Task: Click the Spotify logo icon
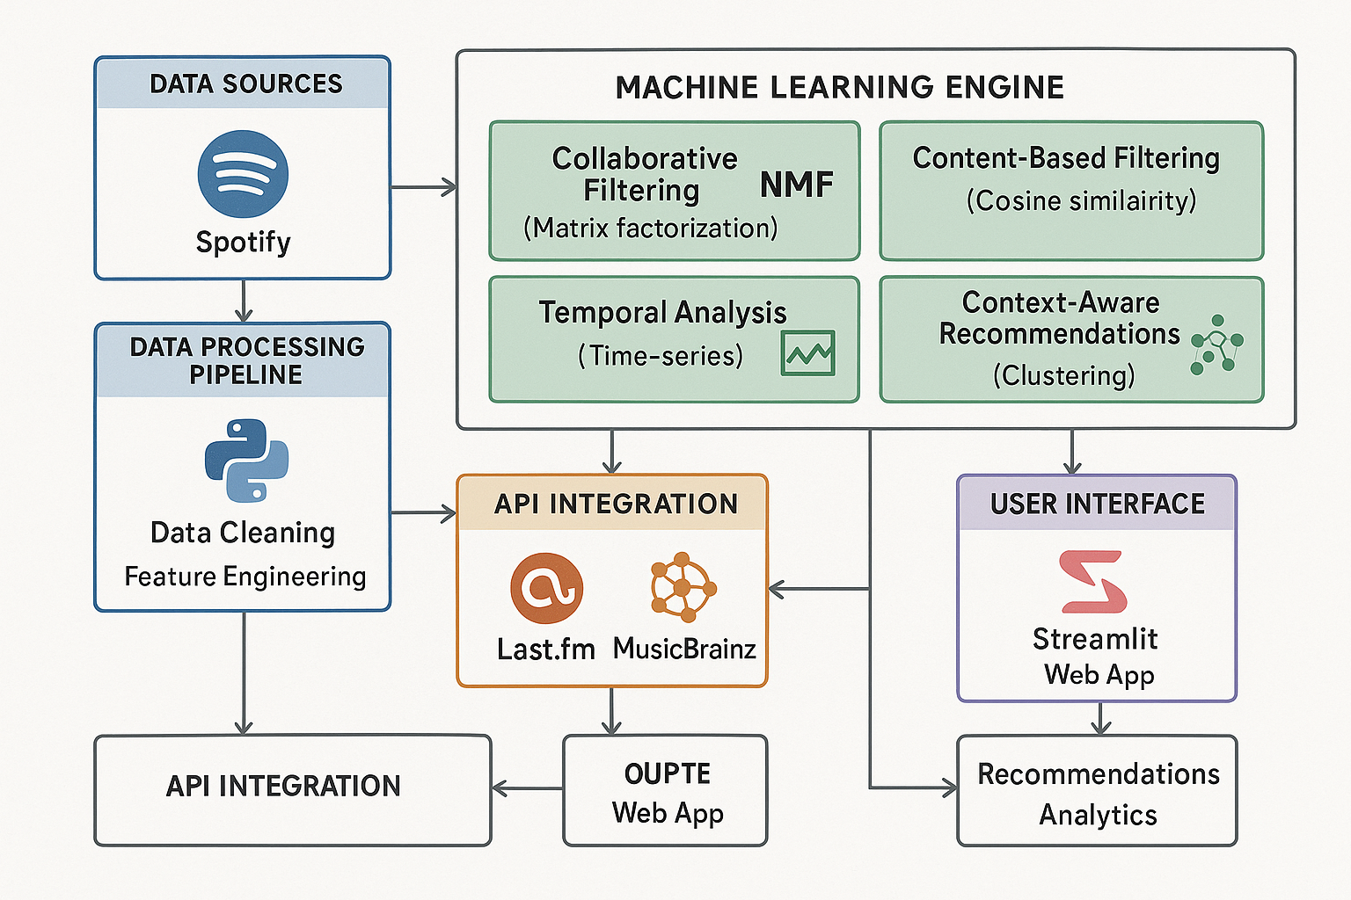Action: (243, 174)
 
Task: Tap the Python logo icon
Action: (246, 461)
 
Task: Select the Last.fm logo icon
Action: (546, 588)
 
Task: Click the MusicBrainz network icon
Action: (683, 586)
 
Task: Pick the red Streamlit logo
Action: (1093, 582)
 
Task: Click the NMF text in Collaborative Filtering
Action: (796, 185)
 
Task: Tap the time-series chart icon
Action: (807, 353)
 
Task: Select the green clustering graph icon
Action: (1216, 345)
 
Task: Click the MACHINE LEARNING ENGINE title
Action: (839, 88)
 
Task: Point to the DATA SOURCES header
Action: (245, 83)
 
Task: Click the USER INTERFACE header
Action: (1097, 504)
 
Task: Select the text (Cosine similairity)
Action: (1081, 201)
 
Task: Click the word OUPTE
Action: (667, 773)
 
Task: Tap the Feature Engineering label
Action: (245, 577)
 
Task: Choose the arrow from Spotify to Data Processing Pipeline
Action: (244, 301)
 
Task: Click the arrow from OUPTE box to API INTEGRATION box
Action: (527, 788)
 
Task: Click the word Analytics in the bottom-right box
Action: (1098, 815)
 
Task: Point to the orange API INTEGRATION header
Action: (615, 504)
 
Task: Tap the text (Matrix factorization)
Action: (650, 229)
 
